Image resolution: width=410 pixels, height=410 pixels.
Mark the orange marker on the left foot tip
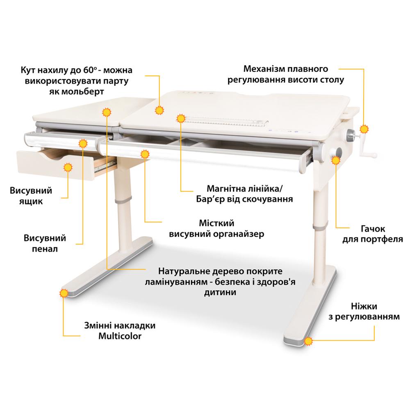(63, 294)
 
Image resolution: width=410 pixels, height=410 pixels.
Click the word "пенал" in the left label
(46, 248)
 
